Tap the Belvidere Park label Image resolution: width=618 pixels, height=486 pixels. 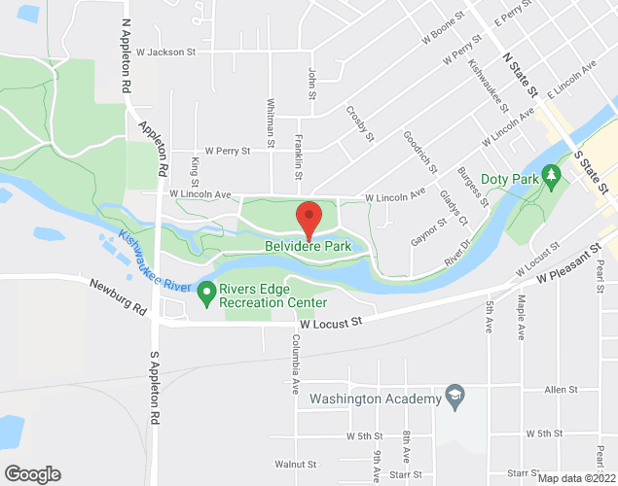(x=308, y=247)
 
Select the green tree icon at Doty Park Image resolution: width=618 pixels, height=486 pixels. (x=554, y=174)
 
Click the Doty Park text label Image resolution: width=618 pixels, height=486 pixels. (x=512, y=180)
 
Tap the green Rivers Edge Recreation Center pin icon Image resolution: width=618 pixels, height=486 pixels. (x=205, y=291)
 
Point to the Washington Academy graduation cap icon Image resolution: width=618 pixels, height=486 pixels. (x=454, y=397)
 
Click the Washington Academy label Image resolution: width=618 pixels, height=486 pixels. (x=375, y=398)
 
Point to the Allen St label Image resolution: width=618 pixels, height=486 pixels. (x=562, y=390)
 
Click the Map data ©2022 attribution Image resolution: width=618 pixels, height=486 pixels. (x=577, y=477)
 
